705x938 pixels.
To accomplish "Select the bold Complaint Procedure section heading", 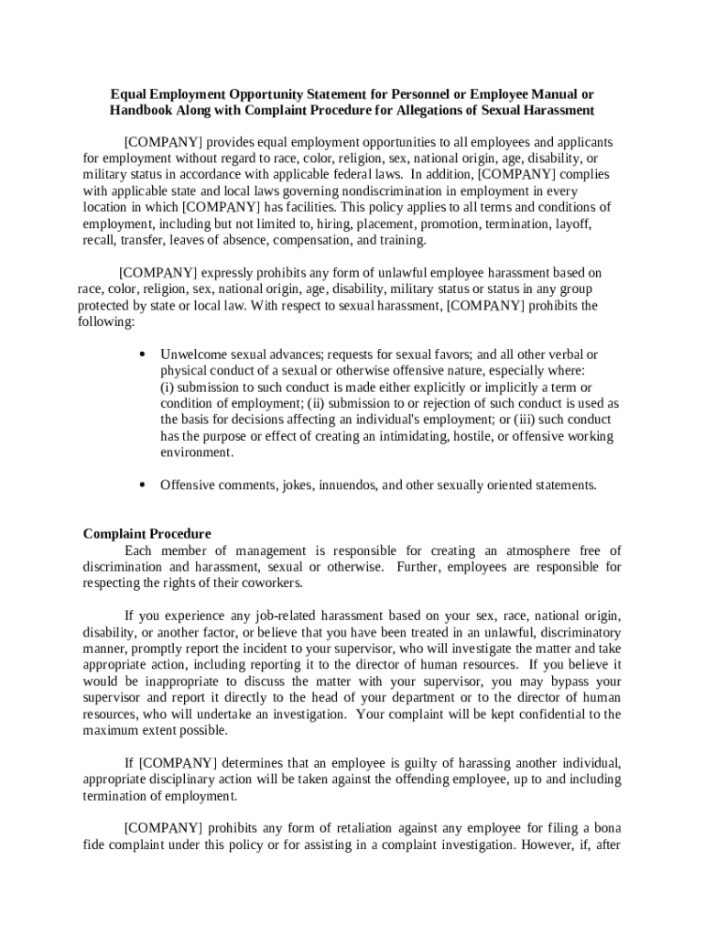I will click(x=146, y=534).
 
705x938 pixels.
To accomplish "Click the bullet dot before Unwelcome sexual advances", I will click(x=142, y=354).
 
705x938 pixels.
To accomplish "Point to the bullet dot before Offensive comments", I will click(x=142, y=485).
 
